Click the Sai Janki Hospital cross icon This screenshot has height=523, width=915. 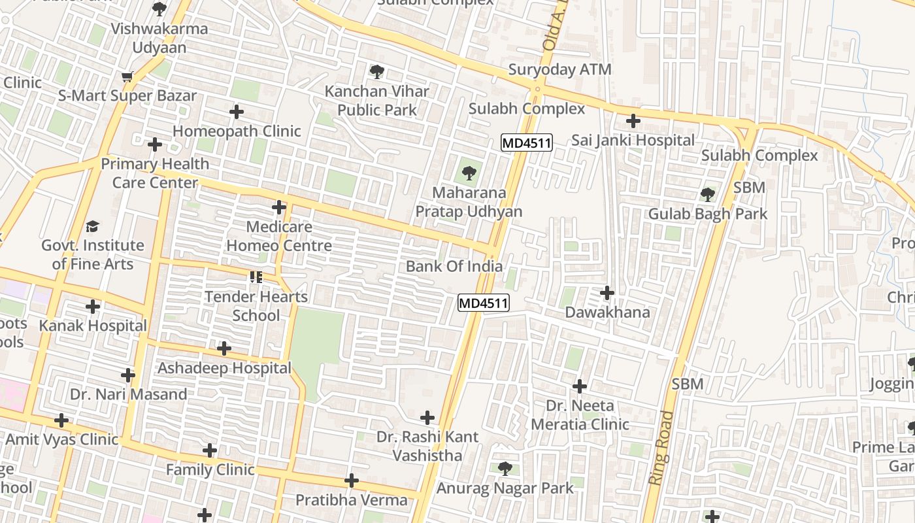[x=633, y=121]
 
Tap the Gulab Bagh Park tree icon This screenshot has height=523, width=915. [x=707, y=194]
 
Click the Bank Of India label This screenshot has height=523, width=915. [x=454, y=266]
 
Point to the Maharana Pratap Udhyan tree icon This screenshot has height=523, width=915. [x=469, y=173]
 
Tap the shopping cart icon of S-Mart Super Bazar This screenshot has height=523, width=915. [x=127, y=76]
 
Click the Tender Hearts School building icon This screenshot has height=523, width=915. [x=256, y=277]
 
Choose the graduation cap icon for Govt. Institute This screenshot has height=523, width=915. [x=92, y=226]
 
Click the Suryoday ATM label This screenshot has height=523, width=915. [x=559, y=69]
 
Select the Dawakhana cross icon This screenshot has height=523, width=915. [x=607, y=292]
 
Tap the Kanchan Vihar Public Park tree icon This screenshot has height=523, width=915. [x=376, y=72]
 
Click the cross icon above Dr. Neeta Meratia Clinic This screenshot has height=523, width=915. [x=580, y=386]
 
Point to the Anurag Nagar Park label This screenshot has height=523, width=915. [x=505, y=488]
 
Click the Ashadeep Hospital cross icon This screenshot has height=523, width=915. [x=224, y=348]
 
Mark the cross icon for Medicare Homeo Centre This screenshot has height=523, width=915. [x=279, y=208]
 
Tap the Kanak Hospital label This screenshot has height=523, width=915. [x=93, y=326]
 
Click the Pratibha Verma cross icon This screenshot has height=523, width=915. [x=352, y=481]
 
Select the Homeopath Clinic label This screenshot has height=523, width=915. [x=237, y=131]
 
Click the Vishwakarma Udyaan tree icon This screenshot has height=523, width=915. [x=159, y=9]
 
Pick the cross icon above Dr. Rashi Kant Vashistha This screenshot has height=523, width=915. [x=427, y=417]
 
